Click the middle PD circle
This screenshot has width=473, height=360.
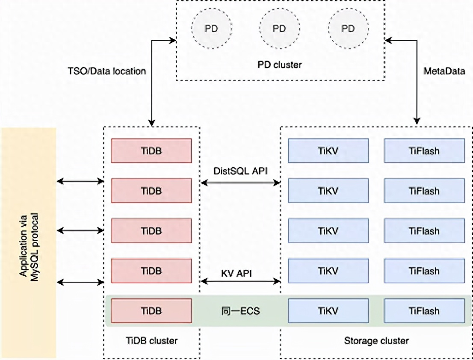click(x=279, y=29)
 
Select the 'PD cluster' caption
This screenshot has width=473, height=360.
click(x=280, y=65)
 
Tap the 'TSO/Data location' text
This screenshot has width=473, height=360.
click(x=106, y=71)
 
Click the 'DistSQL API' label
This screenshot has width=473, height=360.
click(x=240, y=171)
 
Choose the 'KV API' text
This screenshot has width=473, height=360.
click(x=240, y=272)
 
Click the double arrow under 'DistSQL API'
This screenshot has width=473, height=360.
click(x=240, y=183)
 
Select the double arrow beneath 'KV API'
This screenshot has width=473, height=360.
click(x=240, y=281)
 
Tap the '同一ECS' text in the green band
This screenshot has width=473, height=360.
click(x=240, y=311)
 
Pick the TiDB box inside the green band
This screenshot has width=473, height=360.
click(x=151, y=311)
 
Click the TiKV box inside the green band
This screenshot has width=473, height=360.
click(x=328, y=311)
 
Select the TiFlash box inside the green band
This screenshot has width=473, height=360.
click(x=424, y=311)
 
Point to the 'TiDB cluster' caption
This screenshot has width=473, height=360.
click(x=151, y=341)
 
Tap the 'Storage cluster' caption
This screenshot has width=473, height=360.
click(x=376, y=341)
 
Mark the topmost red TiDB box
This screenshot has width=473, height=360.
click(x=151, y=151)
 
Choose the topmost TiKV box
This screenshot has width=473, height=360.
click(x=328, y=151)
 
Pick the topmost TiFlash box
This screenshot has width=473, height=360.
click(x=424, y=151)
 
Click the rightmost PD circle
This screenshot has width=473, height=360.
click(x=348, y=29)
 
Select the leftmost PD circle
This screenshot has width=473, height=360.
click(x=210, y=29)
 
